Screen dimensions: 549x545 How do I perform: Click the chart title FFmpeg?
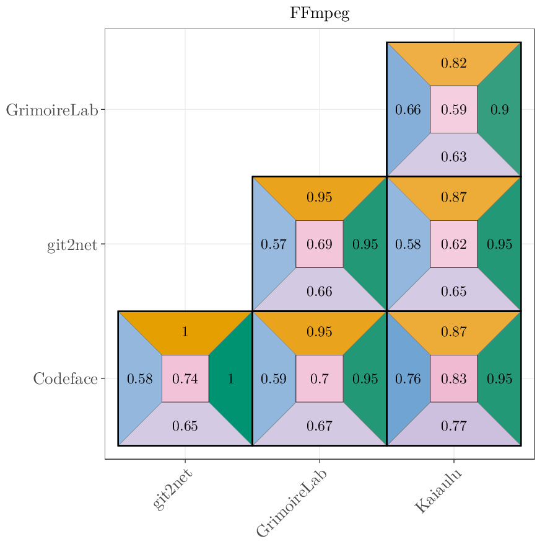coord(320,14)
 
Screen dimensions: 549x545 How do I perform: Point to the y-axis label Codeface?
coord(65,378)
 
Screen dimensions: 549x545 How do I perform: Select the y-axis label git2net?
coord(72,245)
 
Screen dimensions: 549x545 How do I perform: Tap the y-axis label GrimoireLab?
coord(52,110)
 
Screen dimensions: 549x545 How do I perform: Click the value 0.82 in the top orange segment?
coord(453,63)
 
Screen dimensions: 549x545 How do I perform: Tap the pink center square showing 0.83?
coord(453,378)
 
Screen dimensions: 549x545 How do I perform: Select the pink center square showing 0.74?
coord(185,378)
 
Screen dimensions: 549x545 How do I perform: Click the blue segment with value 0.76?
coord(408,378)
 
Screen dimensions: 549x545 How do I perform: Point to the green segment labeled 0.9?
coord(500,110)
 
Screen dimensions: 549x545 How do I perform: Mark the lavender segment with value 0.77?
coord(453,426)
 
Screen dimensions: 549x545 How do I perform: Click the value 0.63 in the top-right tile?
coord(453,156)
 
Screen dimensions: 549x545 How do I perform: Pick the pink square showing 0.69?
coord(320,244)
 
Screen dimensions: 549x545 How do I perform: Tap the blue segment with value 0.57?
coord(273,244)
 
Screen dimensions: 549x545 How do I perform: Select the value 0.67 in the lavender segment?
coord(320,426)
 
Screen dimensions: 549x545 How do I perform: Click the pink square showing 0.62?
coord(453,244)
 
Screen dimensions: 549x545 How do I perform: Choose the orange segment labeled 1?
coord(185,332)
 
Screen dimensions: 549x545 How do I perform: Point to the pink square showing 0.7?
coord(320,378)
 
